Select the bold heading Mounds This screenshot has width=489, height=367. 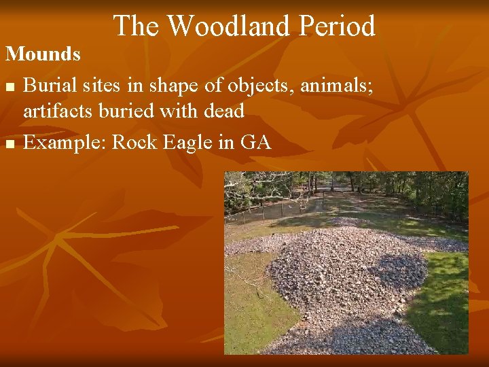pyautogui.click(x=43, y=54)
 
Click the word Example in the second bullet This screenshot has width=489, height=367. pyautogui.click(x=65, y=142)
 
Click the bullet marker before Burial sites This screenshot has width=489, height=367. pyautogui.click(x=9, y=88)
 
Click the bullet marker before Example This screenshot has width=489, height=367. pyautogui.click(x=9, y=143)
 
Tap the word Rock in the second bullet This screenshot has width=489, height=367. pyautogui.click(x=134, y=142)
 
